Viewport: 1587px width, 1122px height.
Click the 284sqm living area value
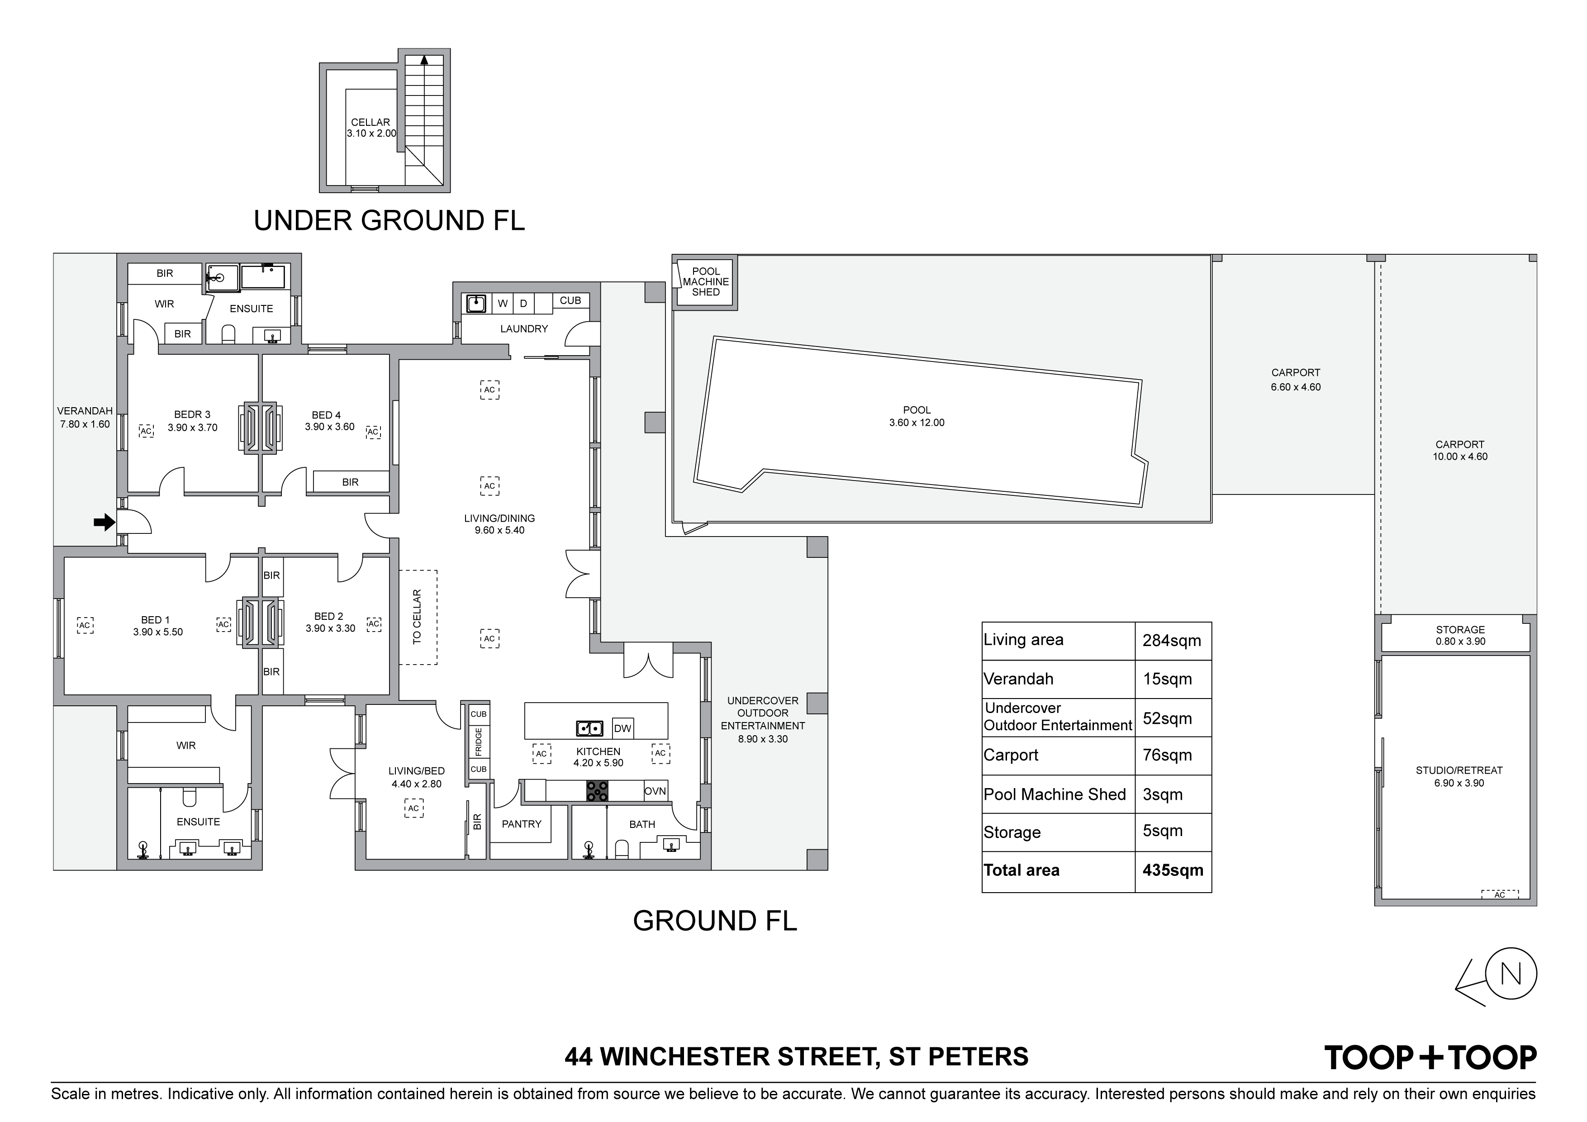coord(1172,641)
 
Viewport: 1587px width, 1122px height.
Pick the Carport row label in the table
coord(1011,755)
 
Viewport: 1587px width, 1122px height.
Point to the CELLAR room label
coord(371,122)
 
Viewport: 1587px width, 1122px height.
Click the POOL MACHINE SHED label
coord(706,282)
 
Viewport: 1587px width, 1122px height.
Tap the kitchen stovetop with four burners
coord(597,791)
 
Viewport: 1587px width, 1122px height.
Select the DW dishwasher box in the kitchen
coord(623,729)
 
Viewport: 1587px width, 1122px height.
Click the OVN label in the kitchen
coord(655,791)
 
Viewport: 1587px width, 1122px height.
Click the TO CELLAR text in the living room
coord(417,617)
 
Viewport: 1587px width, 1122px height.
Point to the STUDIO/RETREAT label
coord(1459,770)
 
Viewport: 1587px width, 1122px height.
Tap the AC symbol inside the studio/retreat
coord(1499,894)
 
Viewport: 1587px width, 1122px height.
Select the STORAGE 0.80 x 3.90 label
coord(1460,635)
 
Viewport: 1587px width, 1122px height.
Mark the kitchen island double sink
coord(589,728)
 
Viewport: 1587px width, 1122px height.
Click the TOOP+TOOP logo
coord(1430,1058)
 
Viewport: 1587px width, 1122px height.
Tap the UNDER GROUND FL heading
coord(389,220)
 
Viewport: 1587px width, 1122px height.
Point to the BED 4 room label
coord(326,415)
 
